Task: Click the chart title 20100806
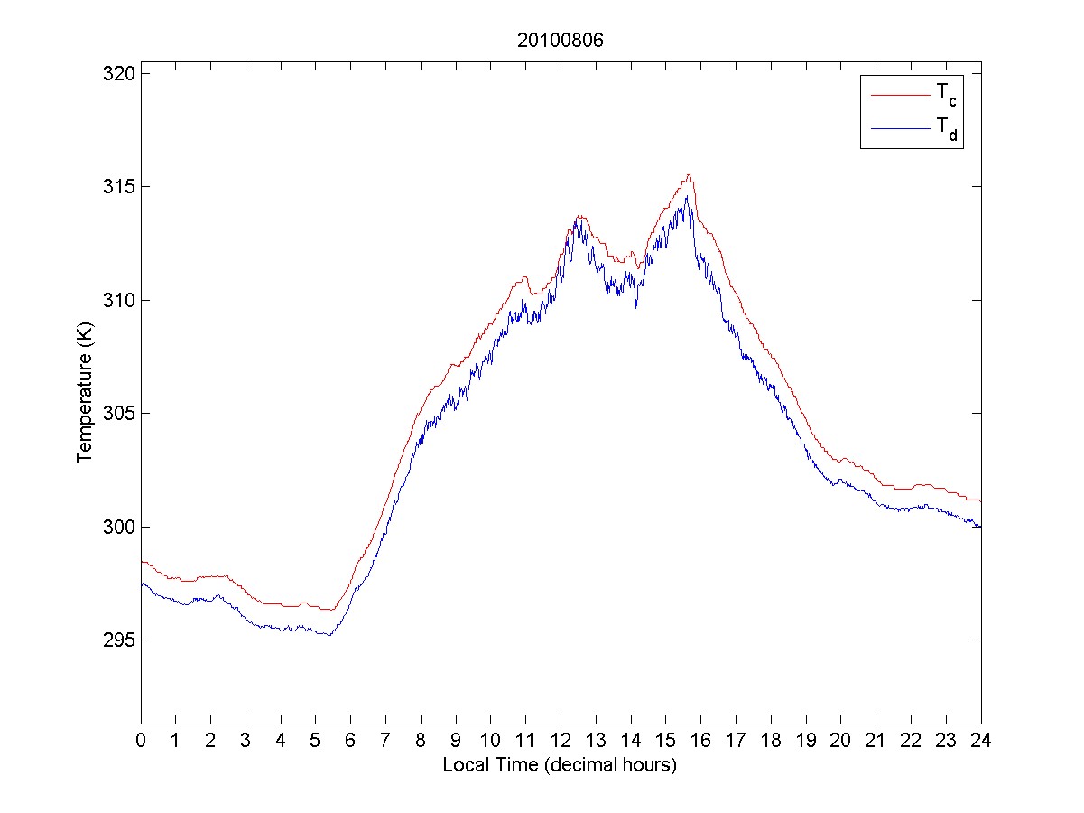(x=560, y=41)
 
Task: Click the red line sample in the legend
(x=900, y=94)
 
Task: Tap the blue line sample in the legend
(x=900, y=130)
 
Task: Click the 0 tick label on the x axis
(x=141, y=740)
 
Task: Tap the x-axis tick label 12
(x=561, y=740)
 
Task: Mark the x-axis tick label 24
(x=981, y=740)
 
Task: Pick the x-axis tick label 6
(x=351, y=740)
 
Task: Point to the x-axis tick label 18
(x=771, y=740)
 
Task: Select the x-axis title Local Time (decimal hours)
(x=560, y=765)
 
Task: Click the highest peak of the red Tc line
(x=689, y=175)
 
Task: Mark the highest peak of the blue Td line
(x=687, y=196)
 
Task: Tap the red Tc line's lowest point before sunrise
(x=327, y=610)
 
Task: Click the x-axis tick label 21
(x=876, y=740)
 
